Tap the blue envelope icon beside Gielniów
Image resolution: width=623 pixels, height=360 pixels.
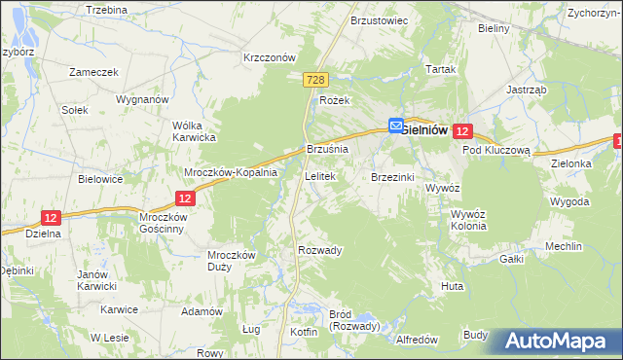[396, 125]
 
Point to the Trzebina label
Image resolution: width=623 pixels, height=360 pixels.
[107, 9]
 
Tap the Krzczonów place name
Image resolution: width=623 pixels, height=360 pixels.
[269, 57]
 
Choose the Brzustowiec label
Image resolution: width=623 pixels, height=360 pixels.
[379, 19]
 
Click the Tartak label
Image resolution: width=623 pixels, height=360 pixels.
[441, 70]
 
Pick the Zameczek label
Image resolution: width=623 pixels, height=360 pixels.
[93, 72]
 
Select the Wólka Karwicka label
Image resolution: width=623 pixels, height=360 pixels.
[193, 131]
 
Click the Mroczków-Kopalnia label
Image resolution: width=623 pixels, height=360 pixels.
[232, 172]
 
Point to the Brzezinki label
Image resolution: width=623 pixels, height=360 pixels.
[393, 177]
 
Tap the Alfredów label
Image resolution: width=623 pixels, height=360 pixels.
[420, 340]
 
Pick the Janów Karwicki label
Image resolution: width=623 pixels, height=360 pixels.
[97, 280]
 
